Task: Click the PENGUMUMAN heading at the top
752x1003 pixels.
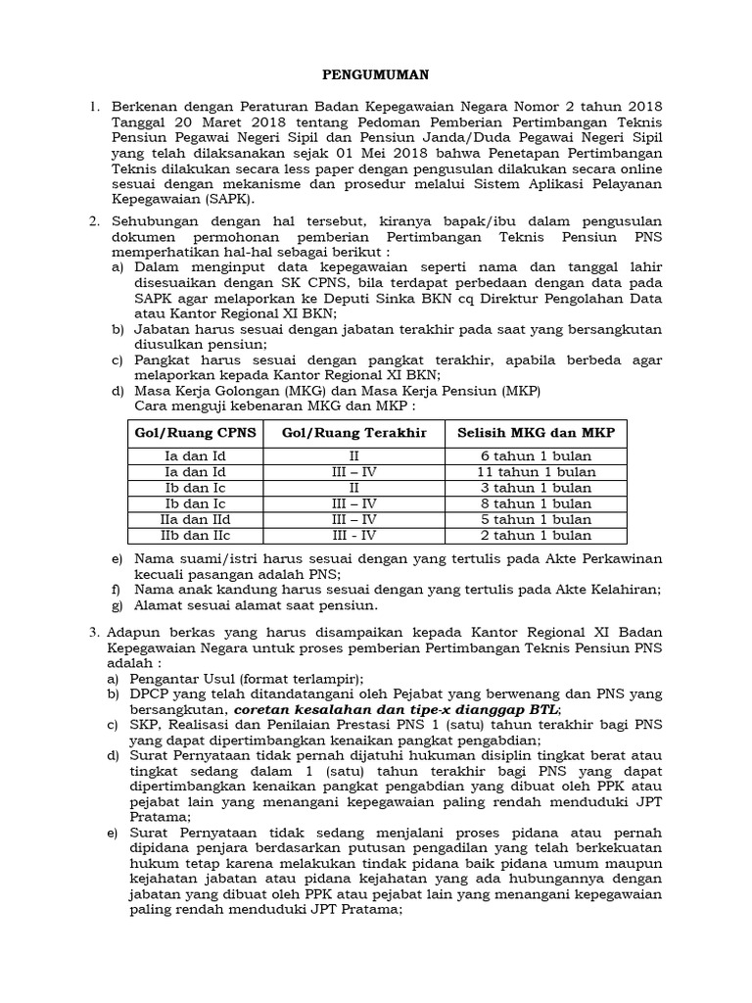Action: click(x=376, y=73)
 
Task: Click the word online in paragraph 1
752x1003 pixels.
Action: click(x=614, y=167)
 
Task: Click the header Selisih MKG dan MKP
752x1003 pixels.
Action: click(x=536, y=433)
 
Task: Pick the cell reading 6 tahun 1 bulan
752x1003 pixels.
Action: click(x=536, y=456)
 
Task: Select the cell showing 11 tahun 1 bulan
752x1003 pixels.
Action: click(x=536, y=472)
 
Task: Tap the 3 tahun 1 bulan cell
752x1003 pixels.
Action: click(x=536, y=488)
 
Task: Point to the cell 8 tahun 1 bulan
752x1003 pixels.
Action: click(x=536, y=503)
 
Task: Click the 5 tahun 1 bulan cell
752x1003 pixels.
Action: click(x=536, y=519)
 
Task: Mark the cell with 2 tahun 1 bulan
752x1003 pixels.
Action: click(x=536, y=535)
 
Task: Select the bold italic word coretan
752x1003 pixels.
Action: click(x=261, y=709)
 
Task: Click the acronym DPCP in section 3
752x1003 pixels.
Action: click(x=157, y=693)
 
